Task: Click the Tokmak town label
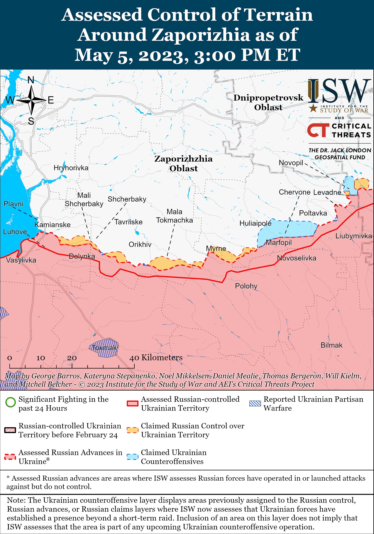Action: click(104, 348)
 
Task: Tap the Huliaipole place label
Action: click(255, 223)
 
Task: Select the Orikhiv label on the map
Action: click(140, 244)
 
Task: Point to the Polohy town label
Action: click(246, 286)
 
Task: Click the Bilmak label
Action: click(331, 345)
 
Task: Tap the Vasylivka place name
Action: click(21, 260)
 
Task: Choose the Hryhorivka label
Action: click(71, 168)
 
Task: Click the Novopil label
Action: click(291, 163)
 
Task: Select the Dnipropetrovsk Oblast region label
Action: click(268, 102)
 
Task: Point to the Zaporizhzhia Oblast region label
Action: click(184, 163)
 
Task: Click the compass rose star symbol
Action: click(31, 100)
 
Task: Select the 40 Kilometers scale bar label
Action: click(156, 357)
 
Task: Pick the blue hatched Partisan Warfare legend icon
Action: click(255, 403)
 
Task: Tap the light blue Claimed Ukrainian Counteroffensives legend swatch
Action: click(132, 457)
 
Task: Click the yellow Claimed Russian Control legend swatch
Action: click(132, 430)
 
